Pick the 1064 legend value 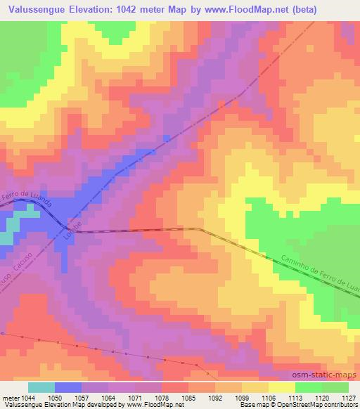click(109, 398)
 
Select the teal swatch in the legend click(41, 388)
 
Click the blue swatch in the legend click(68, 388)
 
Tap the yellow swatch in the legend click(282, 388)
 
